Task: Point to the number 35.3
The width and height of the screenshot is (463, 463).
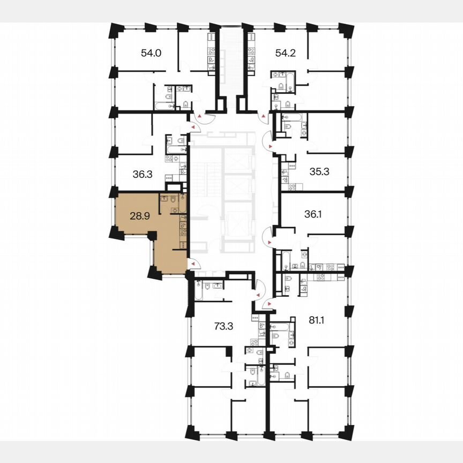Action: click(x=320, y=172)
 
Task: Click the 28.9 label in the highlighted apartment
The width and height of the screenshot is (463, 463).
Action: click(x=140, y=216)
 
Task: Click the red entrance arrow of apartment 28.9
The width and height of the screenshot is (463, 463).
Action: click(x=193, y=263)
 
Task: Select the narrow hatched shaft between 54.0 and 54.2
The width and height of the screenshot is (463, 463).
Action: click(x=231, y=62)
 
